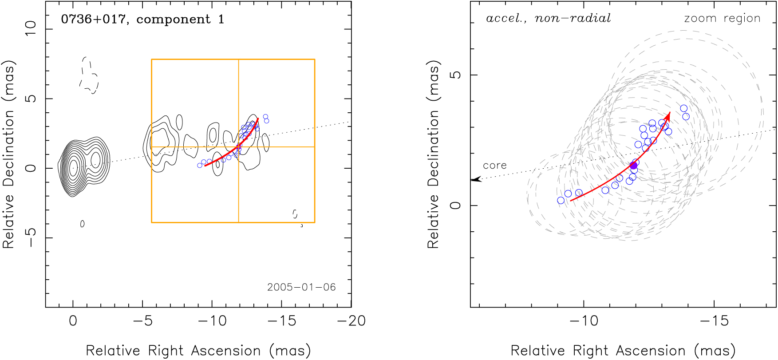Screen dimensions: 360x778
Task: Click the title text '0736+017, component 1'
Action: point(142,20)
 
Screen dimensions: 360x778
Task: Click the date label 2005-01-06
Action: point(301,287)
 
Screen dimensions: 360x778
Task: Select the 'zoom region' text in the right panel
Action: point(722,19)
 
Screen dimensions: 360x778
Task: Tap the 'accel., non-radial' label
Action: point(549,19)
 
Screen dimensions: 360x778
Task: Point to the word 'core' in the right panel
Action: point(494,166)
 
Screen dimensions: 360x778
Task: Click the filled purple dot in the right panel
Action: point(633,166)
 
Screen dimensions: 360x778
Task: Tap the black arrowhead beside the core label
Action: point(476,179)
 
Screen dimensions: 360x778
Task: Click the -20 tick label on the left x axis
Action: point(351,321)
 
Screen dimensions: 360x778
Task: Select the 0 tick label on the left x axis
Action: point(73,321)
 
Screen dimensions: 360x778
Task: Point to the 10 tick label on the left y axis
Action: point(31,29)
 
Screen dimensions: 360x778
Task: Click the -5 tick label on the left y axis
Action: point(31,237)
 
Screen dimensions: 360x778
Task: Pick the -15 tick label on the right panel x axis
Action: point(714,321)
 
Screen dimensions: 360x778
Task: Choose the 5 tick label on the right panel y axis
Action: point(455,75)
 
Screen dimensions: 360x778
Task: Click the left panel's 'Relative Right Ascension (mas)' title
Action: point(198,351)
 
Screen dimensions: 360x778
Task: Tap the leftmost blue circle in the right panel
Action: point(561,201)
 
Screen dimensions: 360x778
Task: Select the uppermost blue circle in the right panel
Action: point(684,108)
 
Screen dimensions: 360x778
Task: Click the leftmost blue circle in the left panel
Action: point(200,166)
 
